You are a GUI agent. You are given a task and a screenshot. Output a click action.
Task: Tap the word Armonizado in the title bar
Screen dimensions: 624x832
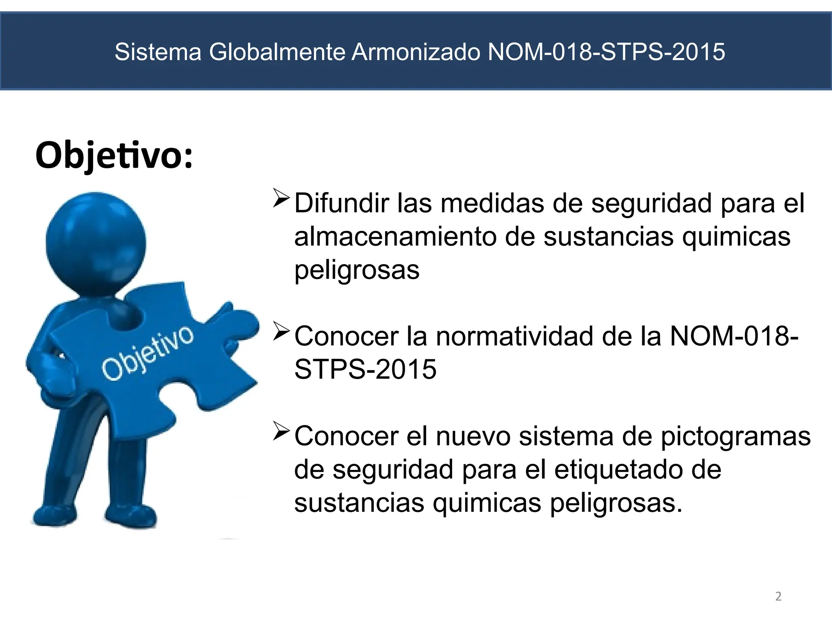(x=416, y=52)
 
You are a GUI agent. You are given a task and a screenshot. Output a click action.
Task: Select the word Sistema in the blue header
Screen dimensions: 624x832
(x=158, y=52)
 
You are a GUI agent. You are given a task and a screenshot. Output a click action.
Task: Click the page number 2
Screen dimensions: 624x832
(x=778, y=596)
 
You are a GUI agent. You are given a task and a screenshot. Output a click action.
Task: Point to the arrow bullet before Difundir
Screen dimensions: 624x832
(x=281, y=198)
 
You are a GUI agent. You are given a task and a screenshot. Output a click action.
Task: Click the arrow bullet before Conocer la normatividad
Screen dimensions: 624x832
(x=281, y=331)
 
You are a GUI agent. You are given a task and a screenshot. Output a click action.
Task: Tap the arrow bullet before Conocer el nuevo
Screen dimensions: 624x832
(x=281, y=431)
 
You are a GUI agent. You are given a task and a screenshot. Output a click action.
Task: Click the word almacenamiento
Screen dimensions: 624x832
(x=395, y=236)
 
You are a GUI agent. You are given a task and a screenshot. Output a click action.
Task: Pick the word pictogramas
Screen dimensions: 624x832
(x=736, y=437)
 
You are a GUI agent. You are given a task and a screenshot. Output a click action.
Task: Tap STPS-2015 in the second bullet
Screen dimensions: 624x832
(x=365, y=369)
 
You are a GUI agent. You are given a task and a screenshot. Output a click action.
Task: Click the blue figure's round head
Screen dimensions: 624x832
(x=96, y=243)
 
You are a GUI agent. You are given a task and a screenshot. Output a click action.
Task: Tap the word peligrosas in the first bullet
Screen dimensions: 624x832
(x=357, y=270)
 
